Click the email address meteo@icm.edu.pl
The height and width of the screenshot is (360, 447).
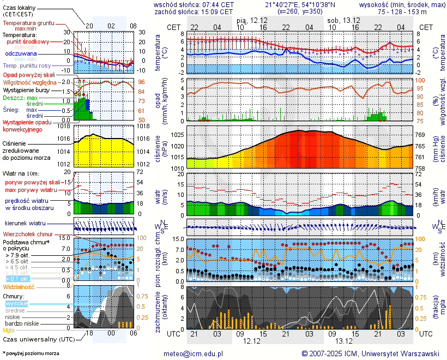coord(194,353)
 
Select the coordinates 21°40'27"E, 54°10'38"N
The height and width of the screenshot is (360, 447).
coord(300,4)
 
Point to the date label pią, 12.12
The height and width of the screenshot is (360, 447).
coord(252,20)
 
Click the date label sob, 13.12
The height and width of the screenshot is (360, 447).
coord(342,20)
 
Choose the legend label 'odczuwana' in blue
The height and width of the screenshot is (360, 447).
coord(21,54)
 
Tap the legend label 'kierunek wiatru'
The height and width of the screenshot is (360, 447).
coord(25,224)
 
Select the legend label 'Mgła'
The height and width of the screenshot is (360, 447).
coord(9,330)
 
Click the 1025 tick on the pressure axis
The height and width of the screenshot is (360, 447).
coord(178,135)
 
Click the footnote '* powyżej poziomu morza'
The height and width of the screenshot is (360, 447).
coord(31,353)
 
